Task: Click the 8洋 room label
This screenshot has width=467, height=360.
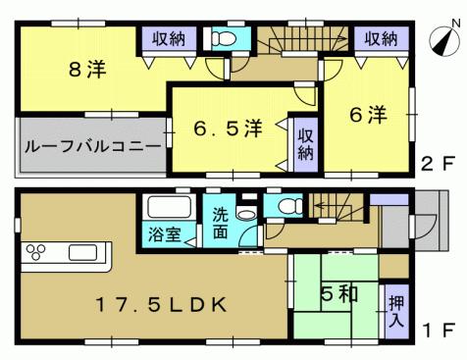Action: coord(87,71)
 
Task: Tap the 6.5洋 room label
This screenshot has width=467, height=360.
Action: coord(227,129)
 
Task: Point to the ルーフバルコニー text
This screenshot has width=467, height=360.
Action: coord(92,146)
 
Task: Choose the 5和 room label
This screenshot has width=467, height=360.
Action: coord(333,291)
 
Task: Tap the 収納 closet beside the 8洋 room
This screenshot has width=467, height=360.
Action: coord(164,39)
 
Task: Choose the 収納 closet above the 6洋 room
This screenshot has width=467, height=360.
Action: coord(380,39)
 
